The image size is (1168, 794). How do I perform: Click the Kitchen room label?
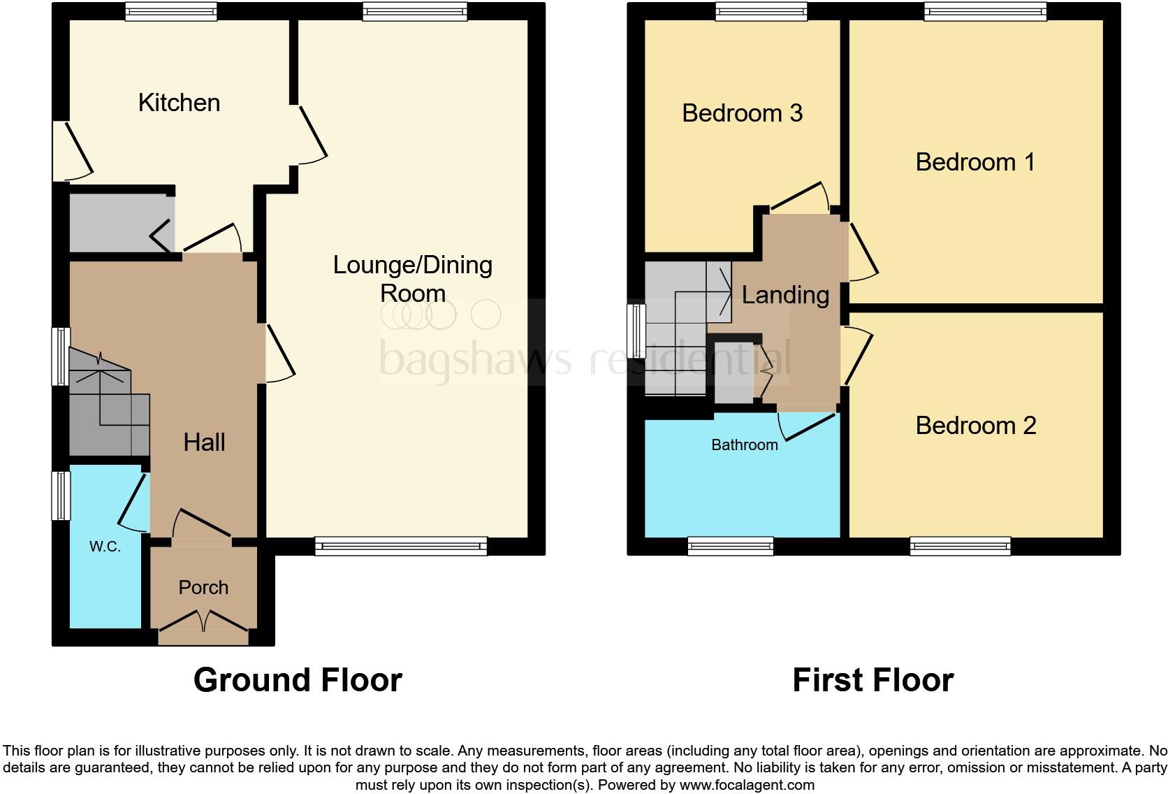pyautogui.click(x=179, y=103)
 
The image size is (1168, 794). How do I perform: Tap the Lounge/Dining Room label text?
pyautogui.click(x=412, y=278)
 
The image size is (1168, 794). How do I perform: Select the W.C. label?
pyautogui.click(x=105, y=547)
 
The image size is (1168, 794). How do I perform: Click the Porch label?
pyautogui.click(x=203, y=587)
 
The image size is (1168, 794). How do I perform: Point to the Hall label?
pyautogui.click(x=204, y=442)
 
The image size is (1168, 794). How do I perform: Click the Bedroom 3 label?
pyautogui.click(x=742, y=113)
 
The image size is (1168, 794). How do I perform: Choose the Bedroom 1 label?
pyautogui.click(x=974, y=162)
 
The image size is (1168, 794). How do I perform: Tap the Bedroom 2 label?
pyautogui.click(x=975, y=425)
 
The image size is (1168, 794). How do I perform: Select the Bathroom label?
pyautogui.click(x=744, y=445)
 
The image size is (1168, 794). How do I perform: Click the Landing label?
pyautogui.click(x=785, y=295)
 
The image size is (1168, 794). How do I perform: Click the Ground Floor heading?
pyautogui.click(x=298, y=679)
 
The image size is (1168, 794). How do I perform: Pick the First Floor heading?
pyautogui.click(x=873, y=679)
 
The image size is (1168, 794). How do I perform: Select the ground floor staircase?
pyautogui.click(x=108, y=398)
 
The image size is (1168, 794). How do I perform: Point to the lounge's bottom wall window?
pyautogui.click(x=401, y=546)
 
